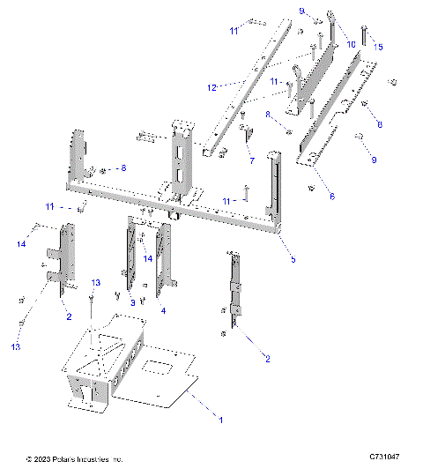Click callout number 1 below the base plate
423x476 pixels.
pyautogui.click(x=220, y=420)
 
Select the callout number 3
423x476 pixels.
pyautogui.click(x=133, y=302)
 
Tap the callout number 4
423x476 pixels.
pyautogui.click(x=162, y=310)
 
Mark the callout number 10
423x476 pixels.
pyautogui.click(x=352, y=43)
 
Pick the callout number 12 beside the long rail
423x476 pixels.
pyautogui.click(x=211, y=88)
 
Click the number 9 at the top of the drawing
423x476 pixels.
pyautogui.click(x=301, y=11)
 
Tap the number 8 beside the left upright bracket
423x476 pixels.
pyautogui.click(x=123, y=167)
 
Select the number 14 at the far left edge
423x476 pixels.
pyautogui.click(x=21, y=243)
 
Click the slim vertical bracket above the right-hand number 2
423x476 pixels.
pyautogui.click(x=234, y=286)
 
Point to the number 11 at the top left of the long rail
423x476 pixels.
pyautogui.click(x=234, y=31)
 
